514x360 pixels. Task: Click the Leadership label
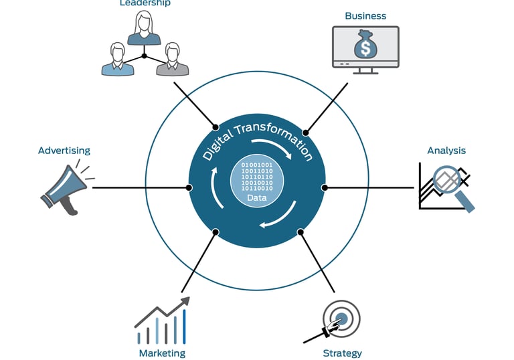tap(145, 3)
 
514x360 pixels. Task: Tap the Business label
tap(365, 16)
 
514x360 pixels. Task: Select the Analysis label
tap(446, 151)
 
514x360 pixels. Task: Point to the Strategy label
tap(342, 353)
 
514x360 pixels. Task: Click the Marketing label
tap(162, 353)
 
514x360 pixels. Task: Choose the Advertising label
tap(64, 151)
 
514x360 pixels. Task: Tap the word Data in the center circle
tap(257, 198)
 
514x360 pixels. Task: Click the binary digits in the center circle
tap(257, 176)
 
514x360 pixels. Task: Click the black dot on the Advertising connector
tap(189, 187)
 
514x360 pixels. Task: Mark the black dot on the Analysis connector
tap(325, 187)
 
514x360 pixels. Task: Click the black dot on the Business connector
tap(306, 132)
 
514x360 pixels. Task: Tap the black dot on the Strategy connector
tap(301, 232)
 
